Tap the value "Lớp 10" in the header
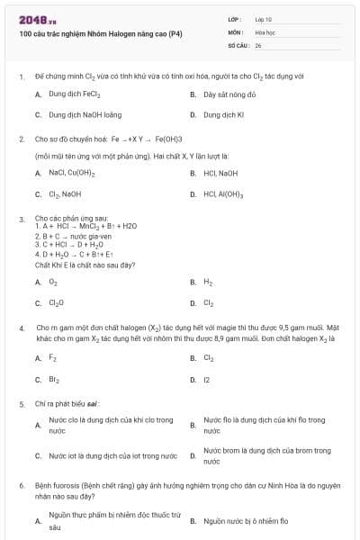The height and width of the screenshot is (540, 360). click(264, 18)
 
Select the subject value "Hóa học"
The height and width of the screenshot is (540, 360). click(265, 31)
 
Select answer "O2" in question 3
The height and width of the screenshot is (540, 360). click(52, 282)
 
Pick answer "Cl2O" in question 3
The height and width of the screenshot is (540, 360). click(56, 303)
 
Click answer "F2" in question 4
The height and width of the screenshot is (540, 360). click(52, 358)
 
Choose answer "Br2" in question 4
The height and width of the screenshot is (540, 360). click(53, 380)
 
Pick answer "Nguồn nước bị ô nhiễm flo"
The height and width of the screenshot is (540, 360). click(246, 520)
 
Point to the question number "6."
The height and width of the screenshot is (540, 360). click(21, 484)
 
